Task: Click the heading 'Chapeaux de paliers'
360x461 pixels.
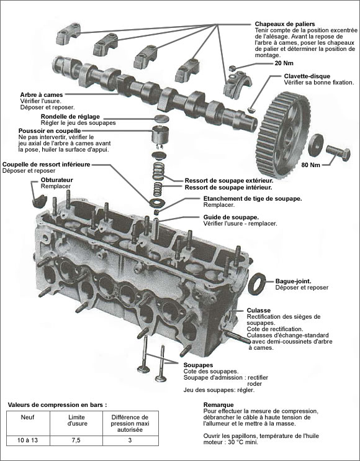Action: [286, 23]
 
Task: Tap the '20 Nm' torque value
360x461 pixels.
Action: [284, 63]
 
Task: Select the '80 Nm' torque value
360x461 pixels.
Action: [310, 165]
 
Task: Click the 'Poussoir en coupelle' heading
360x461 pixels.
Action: [50, 131]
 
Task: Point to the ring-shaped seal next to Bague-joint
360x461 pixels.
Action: [258, 283]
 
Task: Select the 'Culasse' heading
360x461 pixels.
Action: [258, 310]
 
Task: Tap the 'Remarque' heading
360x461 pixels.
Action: [209, 404]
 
